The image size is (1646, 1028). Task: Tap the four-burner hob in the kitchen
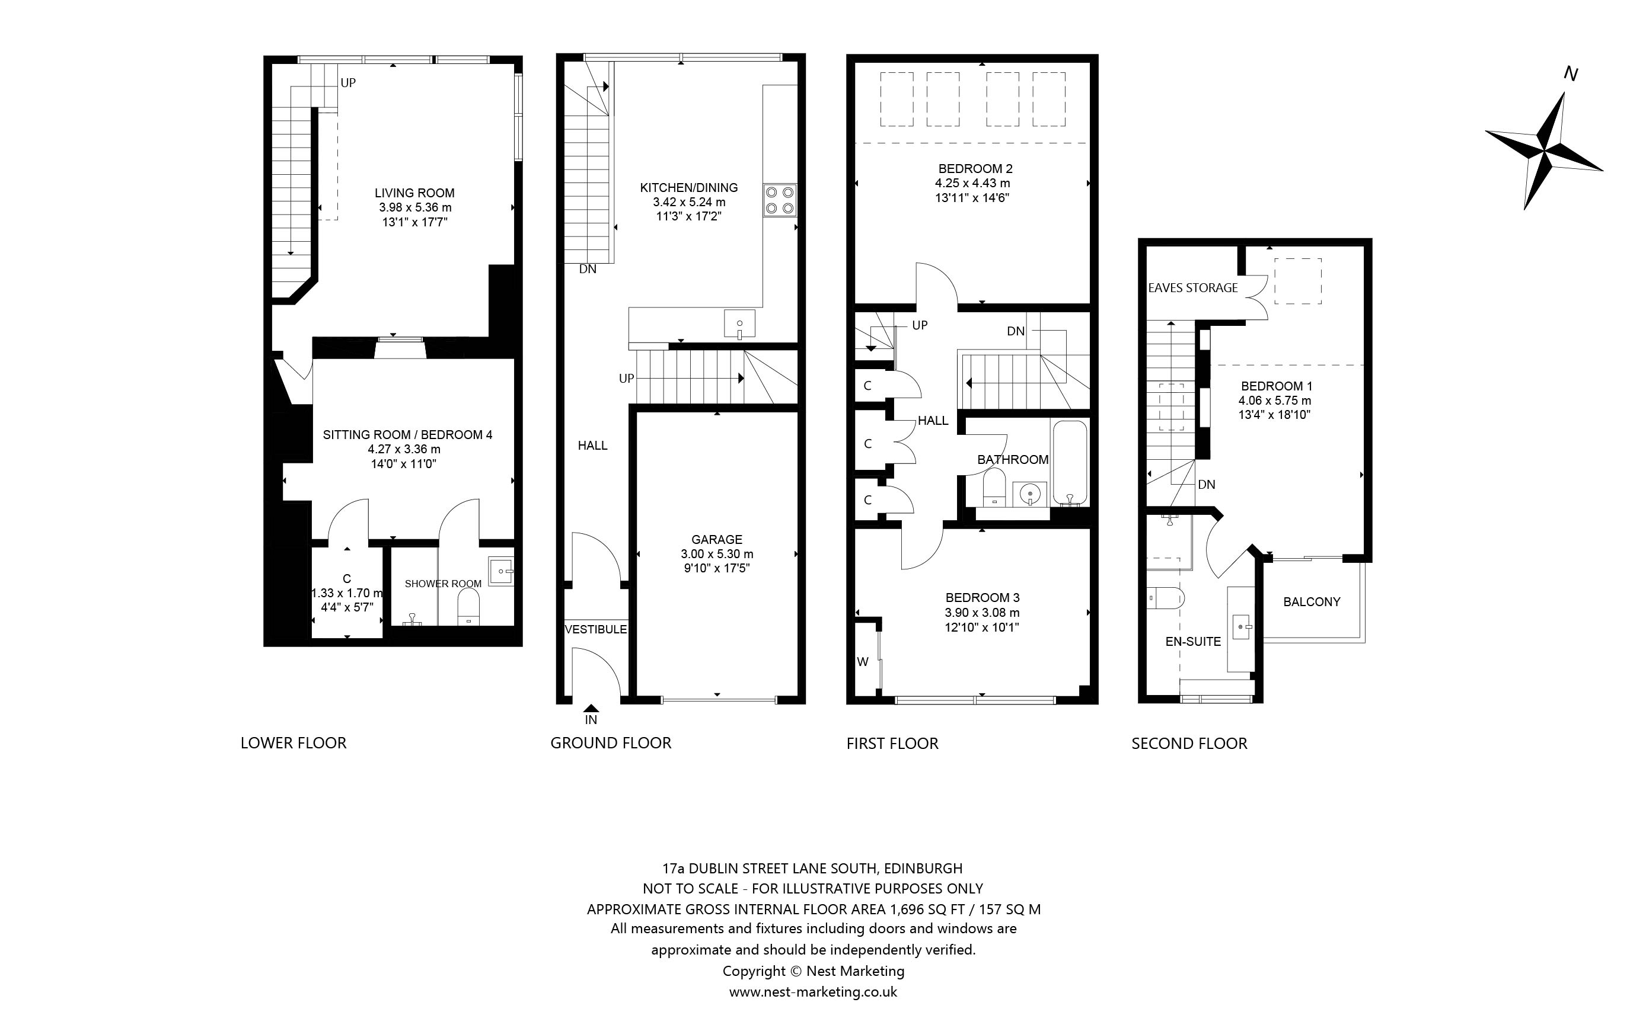point(780,200)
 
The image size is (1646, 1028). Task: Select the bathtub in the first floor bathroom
point(1070,463)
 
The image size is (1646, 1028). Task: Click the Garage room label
point(717,539)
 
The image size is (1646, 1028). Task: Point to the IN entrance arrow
point(591,709)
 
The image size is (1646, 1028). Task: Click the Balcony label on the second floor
point(1312,602)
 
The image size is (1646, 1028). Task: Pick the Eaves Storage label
point(1193,287)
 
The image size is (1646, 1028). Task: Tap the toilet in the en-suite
point(1166,598)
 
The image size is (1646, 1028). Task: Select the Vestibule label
point(596,630)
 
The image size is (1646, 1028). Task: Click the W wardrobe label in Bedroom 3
point(863,662)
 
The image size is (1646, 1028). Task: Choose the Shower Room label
point(443,584)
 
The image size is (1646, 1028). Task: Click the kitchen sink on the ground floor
point(739,324)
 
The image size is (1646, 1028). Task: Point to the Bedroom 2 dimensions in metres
point(972,183)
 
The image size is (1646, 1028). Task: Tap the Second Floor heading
point(1189,743)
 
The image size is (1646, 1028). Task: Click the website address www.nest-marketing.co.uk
point(814,992)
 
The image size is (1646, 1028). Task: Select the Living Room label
point(415,193)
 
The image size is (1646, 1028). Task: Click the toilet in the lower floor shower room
point(468,607)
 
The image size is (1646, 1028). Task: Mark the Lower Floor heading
point(294,742)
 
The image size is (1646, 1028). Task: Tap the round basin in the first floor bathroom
point(1031,494)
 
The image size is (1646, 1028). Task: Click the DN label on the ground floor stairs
point(588,269)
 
